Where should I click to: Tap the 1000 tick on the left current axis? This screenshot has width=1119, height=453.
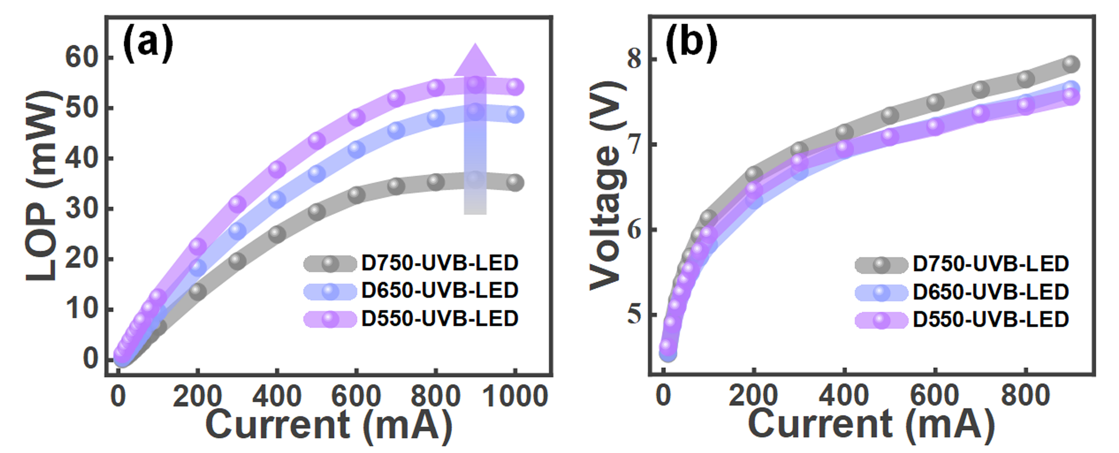[515, 396]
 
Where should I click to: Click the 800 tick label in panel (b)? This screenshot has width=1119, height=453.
[1026, 396]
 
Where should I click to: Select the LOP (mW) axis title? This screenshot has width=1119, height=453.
[41, 186]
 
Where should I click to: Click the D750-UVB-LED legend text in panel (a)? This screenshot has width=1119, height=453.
[440, 263]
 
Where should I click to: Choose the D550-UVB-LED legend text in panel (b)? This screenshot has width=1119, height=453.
[991, 320]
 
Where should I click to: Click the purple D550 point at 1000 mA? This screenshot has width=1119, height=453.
[515, 87]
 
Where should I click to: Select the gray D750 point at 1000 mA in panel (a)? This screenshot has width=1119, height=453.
[515, 183]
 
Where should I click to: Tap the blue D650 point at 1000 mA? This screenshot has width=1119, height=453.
[515, 115]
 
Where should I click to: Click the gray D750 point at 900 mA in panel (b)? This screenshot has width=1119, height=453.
[1071, 64]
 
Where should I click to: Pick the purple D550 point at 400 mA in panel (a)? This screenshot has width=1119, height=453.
[277, 169]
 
